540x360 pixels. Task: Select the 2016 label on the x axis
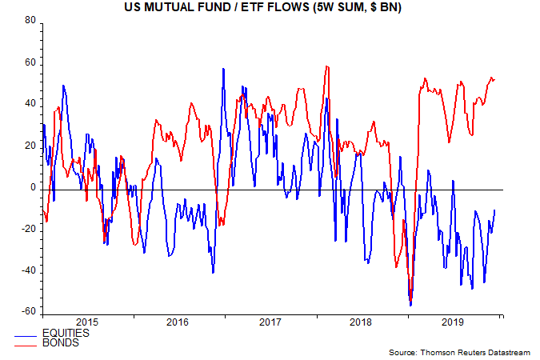pyautogui.click(x=178, y=322)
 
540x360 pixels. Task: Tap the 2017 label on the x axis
pyautogui.click(x=270, y=322)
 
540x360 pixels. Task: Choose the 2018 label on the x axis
pyautogui.click(x=362, y=322)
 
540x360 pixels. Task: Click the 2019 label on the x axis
pyautogui.click(x=454, y=322)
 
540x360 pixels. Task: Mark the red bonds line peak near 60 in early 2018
pyautogui.click(x=327, y=66)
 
